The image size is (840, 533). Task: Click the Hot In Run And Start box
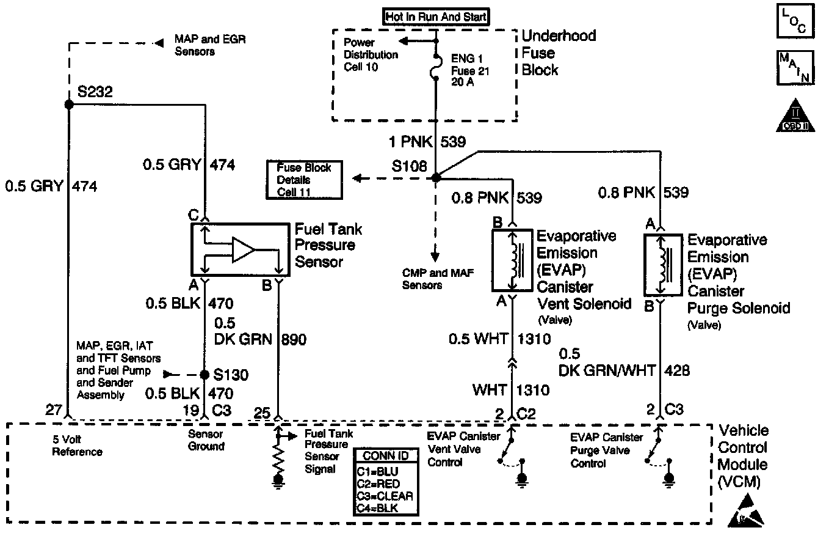[x=436, y=17]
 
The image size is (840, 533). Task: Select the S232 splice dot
[x=69, y=105]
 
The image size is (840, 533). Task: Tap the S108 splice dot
[x=436, y=178]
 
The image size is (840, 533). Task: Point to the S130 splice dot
[x=205, y=374]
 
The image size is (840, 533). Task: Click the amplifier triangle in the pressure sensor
[x=243, y=250]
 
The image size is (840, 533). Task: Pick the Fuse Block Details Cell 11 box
[x=304, y=180]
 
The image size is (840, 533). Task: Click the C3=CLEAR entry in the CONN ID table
[x=385, y=496]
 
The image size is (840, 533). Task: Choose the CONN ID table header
[x=385, y=456]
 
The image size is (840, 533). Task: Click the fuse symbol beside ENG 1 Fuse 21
[x=436, y=65]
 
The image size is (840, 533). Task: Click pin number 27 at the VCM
[x=53, y=410]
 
